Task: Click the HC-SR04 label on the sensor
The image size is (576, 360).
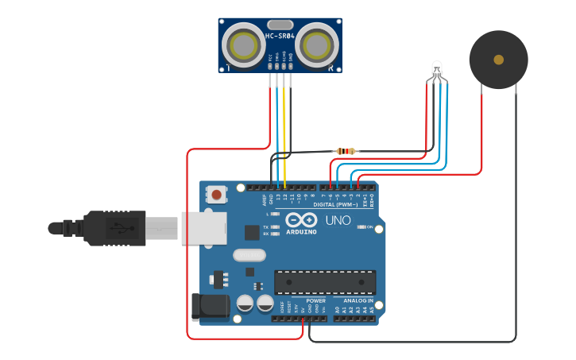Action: [280, 36]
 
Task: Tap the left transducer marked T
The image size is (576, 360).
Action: [242, 45]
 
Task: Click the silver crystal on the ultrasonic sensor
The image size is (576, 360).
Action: [280, 24]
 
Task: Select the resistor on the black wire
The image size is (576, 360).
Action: [346, 151]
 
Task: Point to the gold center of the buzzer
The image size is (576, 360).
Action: [498, 60]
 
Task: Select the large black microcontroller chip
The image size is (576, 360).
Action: [325, 281]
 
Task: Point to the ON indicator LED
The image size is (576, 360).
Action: [365, 227]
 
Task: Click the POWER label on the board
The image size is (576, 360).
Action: [315, 301]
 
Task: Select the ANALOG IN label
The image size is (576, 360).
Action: [358, 301]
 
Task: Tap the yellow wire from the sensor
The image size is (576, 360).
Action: [284, 127]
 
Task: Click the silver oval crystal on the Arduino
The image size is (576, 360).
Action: [249, 255]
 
